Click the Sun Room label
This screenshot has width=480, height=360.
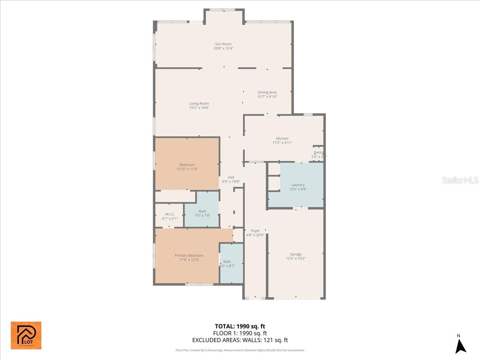click(x=223, y=44)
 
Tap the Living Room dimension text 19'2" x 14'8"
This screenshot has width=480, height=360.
click(x=199, y=108)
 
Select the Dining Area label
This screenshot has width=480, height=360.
click(x=267, y=92)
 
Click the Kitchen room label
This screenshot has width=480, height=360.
click(x=282, y=138)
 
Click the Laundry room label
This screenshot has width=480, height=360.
click(x=298, y=185)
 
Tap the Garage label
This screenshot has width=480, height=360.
click(x=296, y=254)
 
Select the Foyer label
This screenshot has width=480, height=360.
click(x=255, y=231)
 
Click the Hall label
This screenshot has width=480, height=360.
click(x=231, y=177)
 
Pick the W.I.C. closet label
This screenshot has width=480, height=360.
click(x=170, y=214)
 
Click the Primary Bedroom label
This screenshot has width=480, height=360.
click(x=189, y=256)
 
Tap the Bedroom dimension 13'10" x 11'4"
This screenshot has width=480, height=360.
click(x=187, y=169)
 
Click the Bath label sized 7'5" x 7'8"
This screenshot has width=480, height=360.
click(x=202, y=211)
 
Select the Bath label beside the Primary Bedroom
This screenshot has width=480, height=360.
click(x=227, y=262)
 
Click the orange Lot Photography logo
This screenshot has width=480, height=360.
click(x=26, y=335)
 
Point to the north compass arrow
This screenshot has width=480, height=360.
click(x=461, y=346)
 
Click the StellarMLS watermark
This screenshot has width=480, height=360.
click(x=460, y=180)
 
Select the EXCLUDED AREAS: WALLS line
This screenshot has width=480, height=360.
click(x=240, y=340)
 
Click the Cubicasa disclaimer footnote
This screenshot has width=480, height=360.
click(x=240, y=350)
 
